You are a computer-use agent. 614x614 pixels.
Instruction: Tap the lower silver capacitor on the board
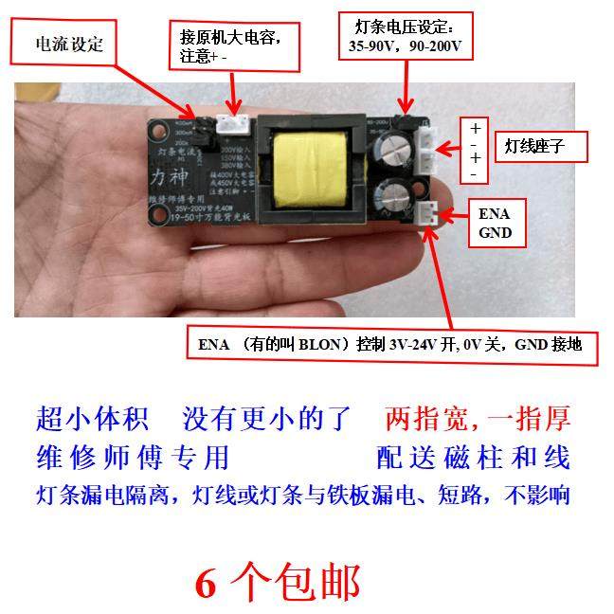click(392, 208)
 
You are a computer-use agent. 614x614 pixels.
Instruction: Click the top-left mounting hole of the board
click(156, 127)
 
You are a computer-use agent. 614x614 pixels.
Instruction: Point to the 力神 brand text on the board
click(163, 177)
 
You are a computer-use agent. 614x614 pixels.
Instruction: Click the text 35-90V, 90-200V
click(406, 45)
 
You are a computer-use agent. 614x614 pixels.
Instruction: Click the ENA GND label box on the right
click(496, 223)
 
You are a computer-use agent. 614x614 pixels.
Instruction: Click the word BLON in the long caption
click(326, 343)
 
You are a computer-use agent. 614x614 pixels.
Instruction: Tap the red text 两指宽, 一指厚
click(478, 418)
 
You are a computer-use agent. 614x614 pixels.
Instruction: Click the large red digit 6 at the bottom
click(207, 581)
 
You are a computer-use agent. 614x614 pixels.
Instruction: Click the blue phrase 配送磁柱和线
click(473, 458)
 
